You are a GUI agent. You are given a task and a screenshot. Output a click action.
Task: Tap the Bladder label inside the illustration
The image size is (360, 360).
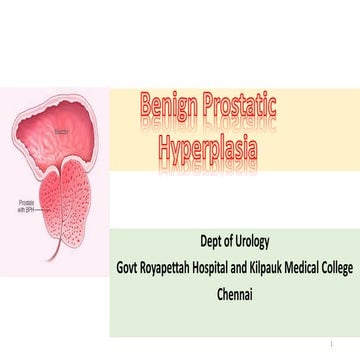(56, 131)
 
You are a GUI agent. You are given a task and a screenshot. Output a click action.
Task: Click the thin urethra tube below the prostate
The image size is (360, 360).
(69, 262)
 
